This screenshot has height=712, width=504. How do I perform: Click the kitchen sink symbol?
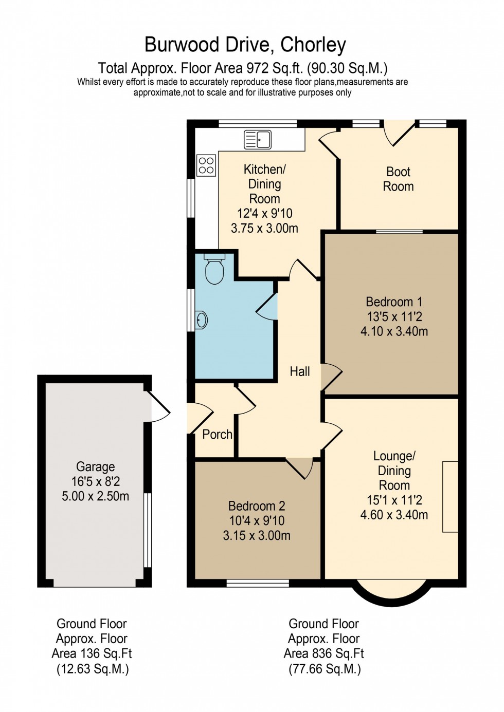(x=258, y=139)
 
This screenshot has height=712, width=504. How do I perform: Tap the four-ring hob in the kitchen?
(x=206, y=165)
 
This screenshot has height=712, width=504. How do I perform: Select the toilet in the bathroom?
(x=214, y=269)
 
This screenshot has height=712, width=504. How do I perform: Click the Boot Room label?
(x=398, y=179)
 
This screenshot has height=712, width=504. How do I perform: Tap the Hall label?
(x=300, y=371)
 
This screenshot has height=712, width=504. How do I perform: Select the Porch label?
(x=217, y=435)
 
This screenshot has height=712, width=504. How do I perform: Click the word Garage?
(x=96, y=466)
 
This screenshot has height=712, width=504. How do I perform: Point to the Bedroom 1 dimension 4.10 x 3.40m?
(x=394, y=331)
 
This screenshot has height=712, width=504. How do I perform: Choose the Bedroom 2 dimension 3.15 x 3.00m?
(x=257, y=535)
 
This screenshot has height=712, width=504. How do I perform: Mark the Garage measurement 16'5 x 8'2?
(x=96, y=481)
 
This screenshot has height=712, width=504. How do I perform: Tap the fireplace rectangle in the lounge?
(x=450, y=496)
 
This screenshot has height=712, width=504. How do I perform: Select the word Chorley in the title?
(x=313, y=45)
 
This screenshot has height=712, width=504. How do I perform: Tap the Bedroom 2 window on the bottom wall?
(x=258, y=583)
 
